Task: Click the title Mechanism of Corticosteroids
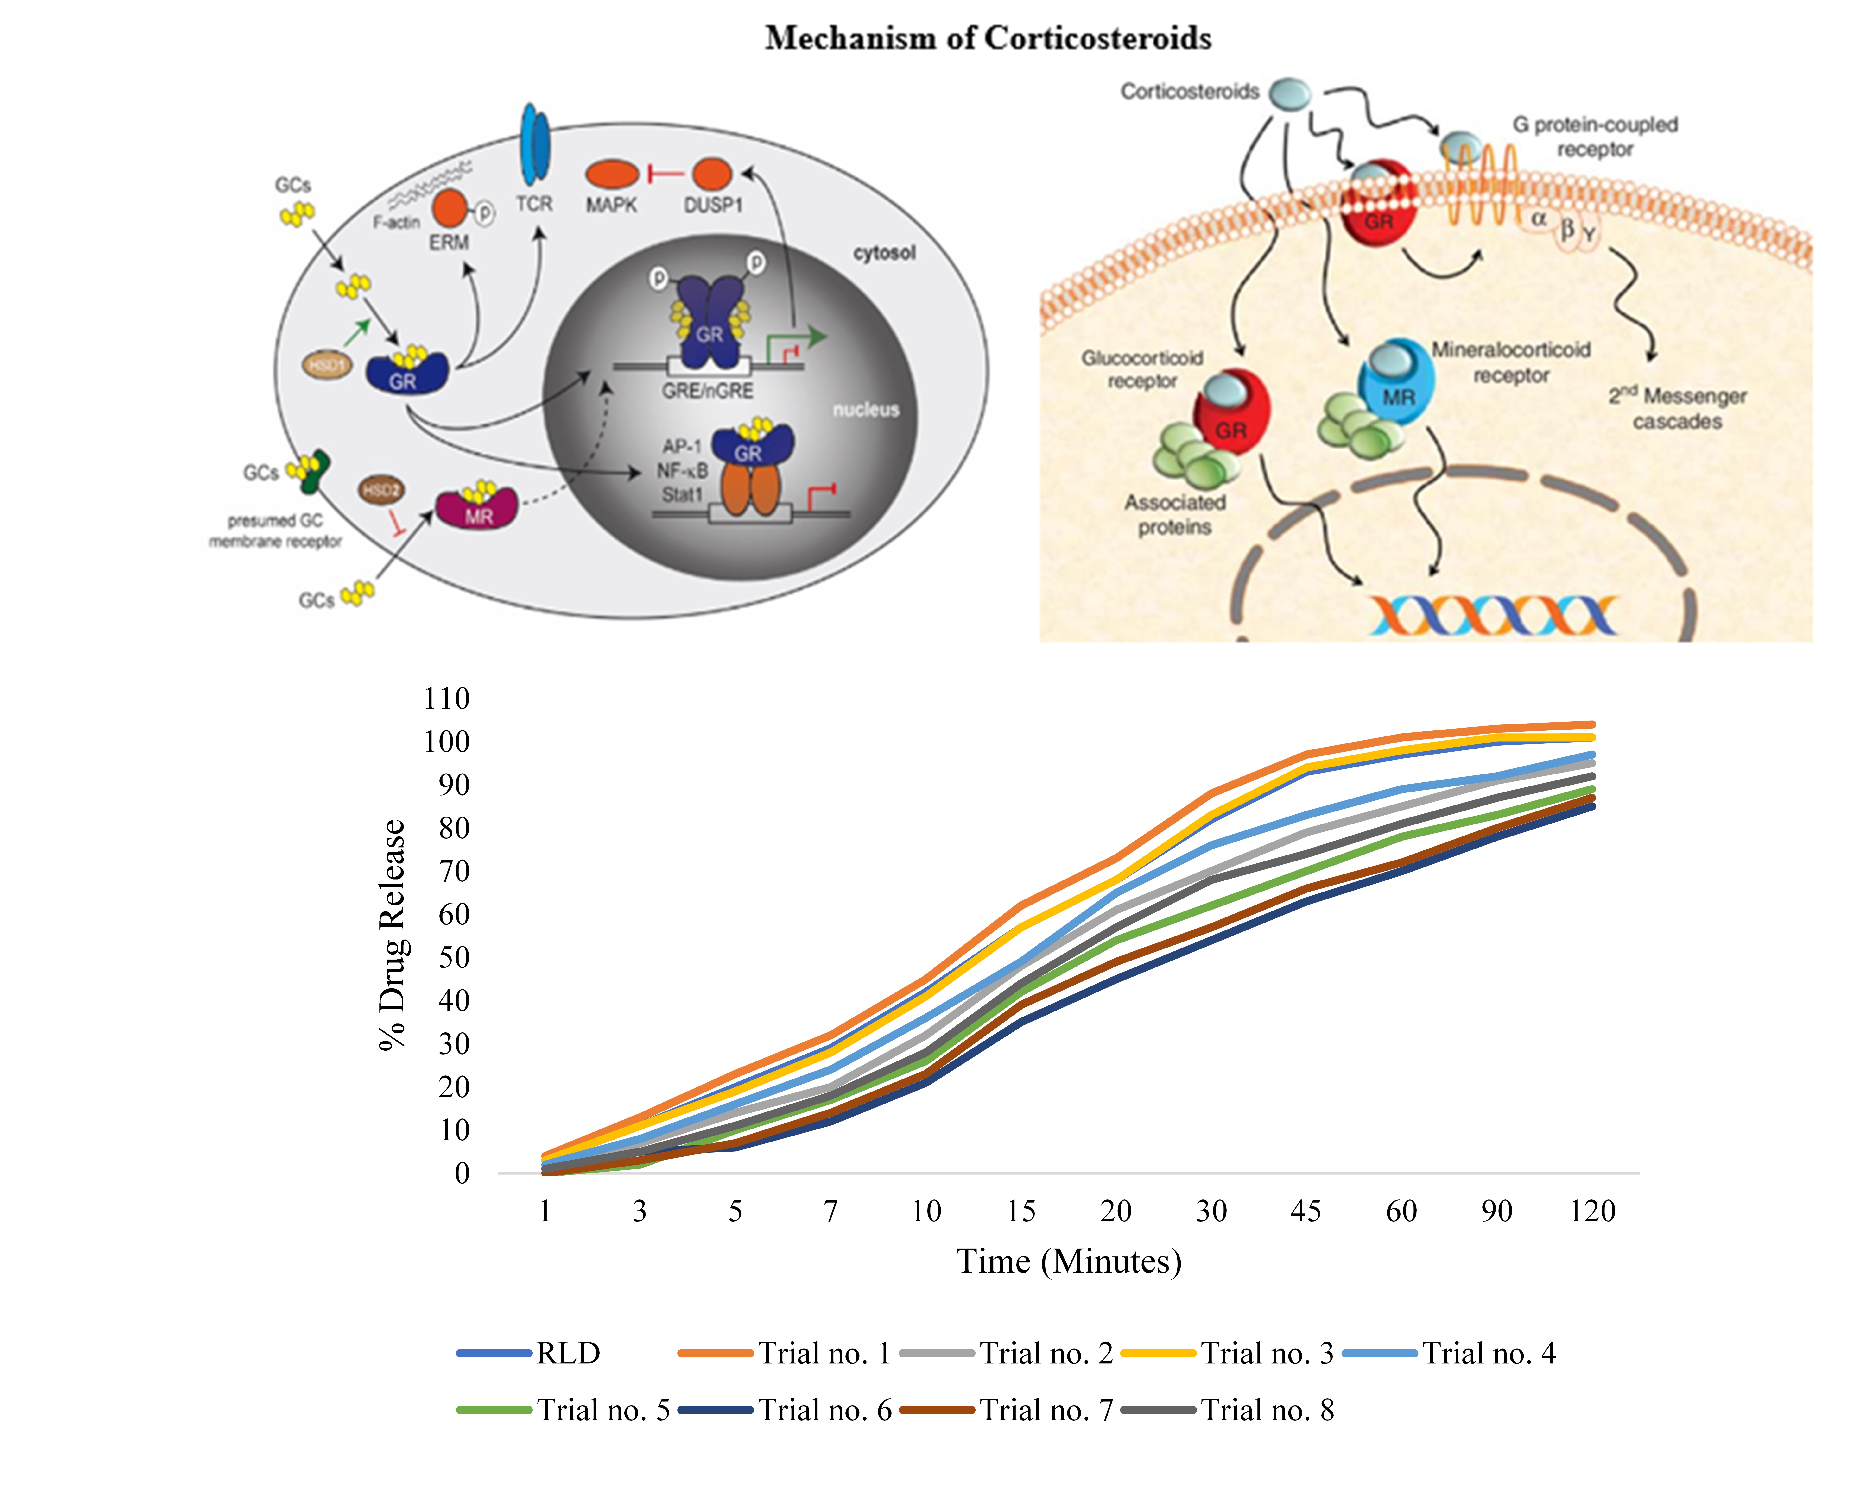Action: pos(988,38)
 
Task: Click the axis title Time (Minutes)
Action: pos(1069,1261)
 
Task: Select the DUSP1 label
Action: pos(713,205)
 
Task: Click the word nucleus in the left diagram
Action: pos(866,410)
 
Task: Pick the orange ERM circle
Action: pos(450,209)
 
